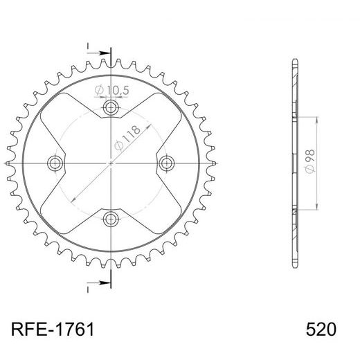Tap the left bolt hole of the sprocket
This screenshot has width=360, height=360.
pyautogui.click(x=55, y=163)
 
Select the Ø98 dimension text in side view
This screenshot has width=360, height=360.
pyautogui.click(x=309, y=163)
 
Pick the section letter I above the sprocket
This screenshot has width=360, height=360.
pyautogui.click(x=89, y=46)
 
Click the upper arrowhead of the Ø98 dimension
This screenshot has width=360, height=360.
pyautogui.click(x=318, y=119)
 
